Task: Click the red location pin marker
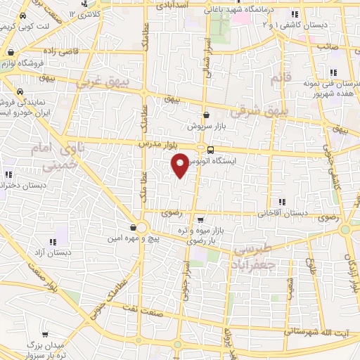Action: (180, 165)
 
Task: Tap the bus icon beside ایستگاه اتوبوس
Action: (210, 150)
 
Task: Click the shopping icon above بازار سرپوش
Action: (206, 115)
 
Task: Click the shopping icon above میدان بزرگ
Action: (46, 333)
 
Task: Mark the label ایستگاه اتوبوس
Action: (240, 160)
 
